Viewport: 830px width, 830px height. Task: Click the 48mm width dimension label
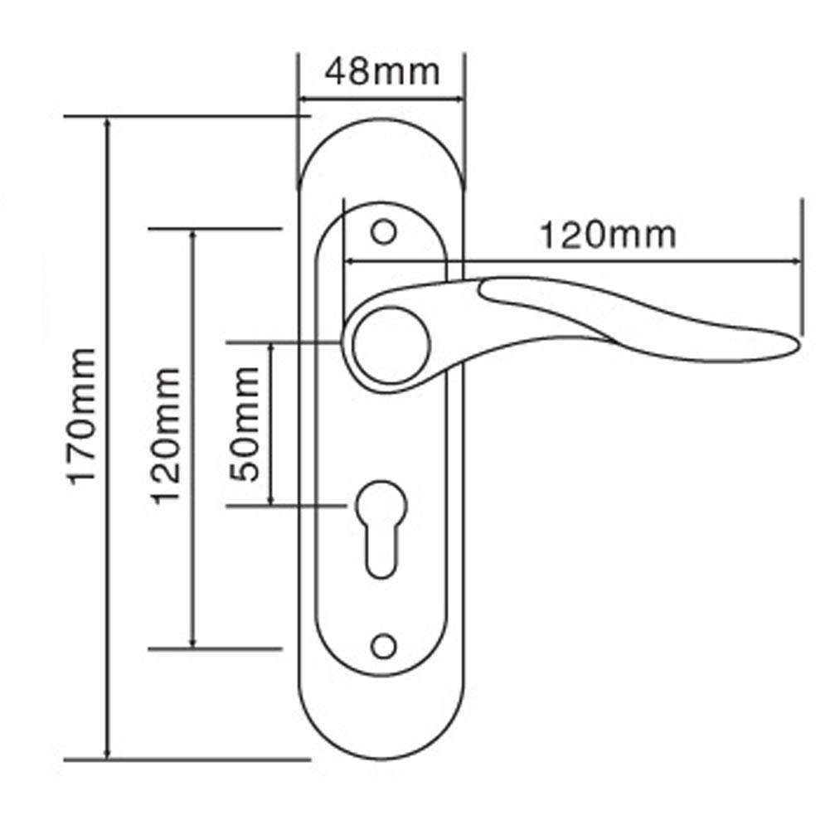pyautogui.click(x=381, y=72)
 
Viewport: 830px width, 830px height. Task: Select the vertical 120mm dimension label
pyautogui.click(x=166, y=436)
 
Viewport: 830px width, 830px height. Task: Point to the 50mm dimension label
pyautogui.click(x=247, y=424)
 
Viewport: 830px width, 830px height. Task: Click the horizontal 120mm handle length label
pyautogui.click(x=608, y=235)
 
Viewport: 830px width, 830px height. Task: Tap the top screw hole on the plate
pyautogui.click(x=383, y=232)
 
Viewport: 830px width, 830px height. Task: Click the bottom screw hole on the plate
pyautogui.click(x=383, y=645)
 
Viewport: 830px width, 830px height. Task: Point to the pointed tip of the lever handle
pyautogui.click(x=798, y=344)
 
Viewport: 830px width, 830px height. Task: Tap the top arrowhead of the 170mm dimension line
pyautogui.click(x=108, y=123)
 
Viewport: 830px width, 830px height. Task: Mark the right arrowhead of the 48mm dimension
pyautogui.click(x=459, y=100)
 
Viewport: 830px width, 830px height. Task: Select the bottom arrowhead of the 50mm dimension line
pyautogui.click(x=271, y=499)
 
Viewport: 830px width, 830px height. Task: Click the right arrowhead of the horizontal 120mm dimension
pyautogui.click(x=797, y=262)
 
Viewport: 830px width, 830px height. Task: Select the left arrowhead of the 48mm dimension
pyautogui.click(x=304, y=100)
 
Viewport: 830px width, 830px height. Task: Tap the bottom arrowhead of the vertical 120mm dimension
pyautogui.click(x=193, y=642)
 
